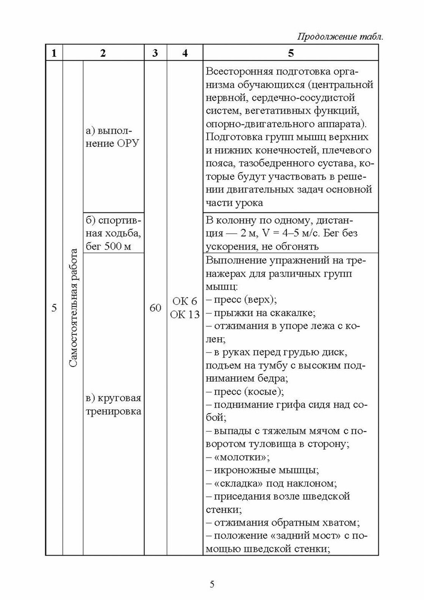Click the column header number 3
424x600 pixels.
click(155, 53)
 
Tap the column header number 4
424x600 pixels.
click(185, 53)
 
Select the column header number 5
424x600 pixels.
click(291, 53)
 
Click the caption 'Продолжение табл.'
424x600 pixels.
click(339, 37)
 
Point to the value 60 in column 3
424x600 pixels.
click(155, 308)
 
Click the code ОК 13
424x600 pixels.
click(185, 314)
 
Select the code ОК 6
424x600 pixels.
click(185, 301)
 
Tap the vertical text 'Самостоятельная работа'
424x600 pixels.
click(73, 308)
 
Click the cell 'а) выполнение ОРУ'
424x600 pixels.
click(113, 137)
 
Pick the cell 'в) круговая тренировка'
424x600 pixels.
click(113, 404)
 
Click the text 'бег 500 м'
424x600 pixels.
click(108, 246)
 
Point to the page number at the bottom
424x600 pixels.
click(212, 584)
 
